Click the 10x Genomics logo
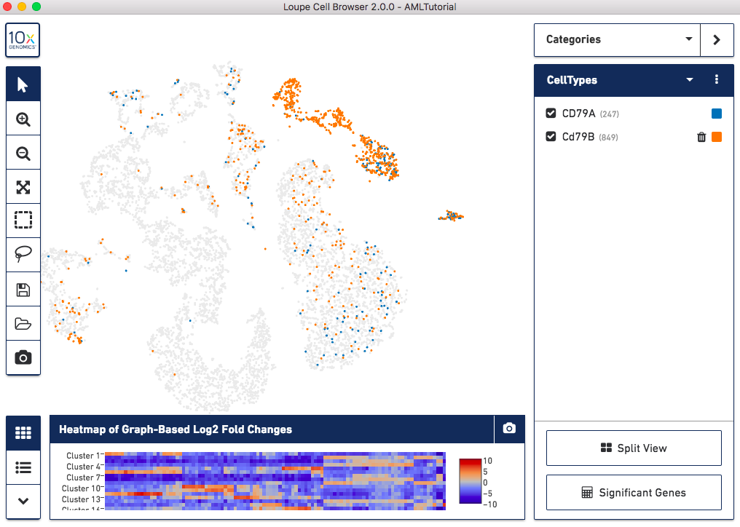pyautogui.click(x=23, y=40)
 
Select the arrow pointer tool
pyautogui.click(x=23, y=84)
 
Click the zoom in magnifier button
pyautogui.click(x=23, y=119)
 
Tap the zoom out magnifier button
pyautogui.click(x=23, y=153)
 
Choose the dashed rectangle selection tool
pyautogui.click(x=23, y=220)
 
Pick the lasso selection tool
pyautogui.click(x=23, y=254)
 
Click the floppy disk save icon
pyautogui.click(x=23, y=289)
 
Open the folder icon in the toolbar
pyautogui.click(x=23, y=324)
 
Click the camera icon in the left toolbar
pyautogui.click(x=23, y=357)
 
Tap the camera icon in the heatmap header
pyautogui.click(x=509, y=429)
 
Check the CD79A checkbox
pyautogui.click(x=551, y=114)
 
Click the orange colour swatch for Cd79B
pyautogui.click(x=717, y=137)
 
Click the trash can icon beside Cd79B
pyautogui.click(x=701, y=137)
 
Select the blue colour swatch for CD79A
pyautogui.click(x=717, y=114)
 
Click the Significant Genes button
pyautogui.click(x=634, y=493)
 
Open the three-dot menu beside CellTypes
pyautogui.click(x=717, y=79)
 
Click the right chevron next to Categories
pyautogui.click(x=717, y=39)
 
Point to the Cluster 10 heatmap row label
pyautogui.click(x=81, y=488)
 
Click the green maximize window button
pyautogui.click(x=36, y=7)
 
